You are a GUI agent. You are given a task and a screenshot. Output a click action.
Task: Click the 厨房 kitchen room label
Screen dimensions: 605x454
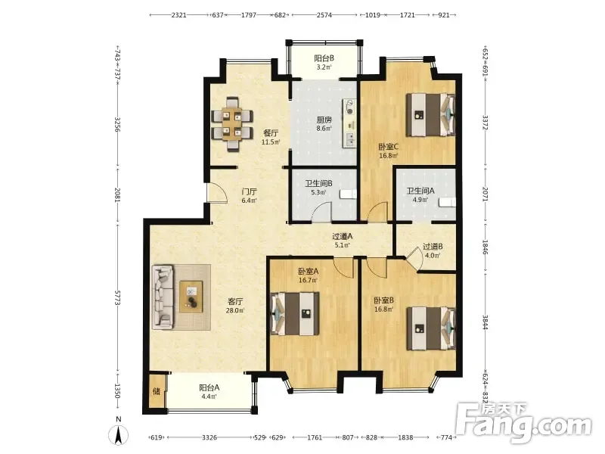(x=324, y=120)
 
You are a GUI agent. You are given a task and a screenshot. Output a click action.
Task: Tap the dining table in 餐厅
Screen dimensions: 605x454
(x=232, y=123)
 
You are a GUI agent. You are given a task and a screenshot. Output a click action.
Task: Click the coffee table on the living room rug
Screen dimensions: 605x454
(x=191, y=297)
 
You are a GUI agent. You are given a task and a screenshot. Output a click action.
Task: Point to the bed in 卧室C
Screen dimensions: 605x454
(x=431, y=115)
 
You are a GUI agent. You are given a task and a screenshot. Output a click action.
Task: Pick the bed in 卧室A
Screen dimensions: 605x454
(x=295, y=313)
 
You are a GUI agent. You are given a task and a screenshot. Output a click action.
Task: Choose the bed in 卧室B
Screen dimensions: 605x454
(x=431, y=328)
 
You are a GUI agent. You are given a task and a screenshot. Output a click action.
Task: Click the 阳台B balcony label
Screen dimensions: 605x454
(x=324, y=58)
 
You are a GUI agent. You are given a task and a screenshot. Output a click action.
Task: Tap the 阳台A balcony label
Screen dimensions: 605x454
(x=209, y=387)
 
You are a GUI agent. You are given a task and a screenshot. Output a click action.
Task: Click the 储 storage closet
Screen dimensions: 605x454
(x=157, y=391)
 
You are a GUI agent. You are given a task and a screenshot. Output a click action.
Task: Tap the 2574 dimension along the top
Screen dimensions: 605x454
(x=324, y=15)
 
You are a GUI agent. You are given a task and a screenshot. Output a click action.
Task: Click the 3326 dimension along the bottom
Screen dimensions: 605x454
(x=209, y=437)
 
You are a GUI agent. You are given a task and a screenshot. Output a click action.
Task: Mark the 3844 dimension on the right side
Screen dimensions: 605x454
(x=486, y=322)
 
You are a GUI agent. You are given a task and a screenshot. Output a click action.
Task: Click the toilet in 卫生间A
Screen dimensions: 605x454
(x=448, y=201)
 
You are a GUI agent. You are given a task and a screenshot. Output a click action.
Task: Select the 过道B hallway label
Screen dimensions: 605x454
(x=433, y=247)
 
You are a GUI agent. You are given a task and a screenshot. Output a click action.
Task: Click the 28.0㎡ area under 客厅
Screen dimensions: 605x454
(x=234, y=310)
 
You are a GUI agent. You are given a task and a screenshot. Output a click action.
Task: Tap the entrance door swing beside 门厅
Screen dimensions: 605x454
(x=217, y=191)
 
